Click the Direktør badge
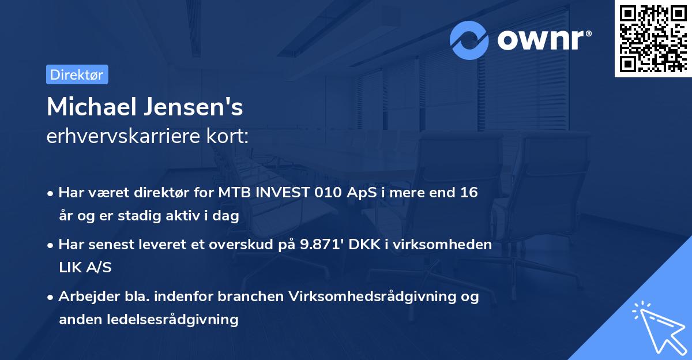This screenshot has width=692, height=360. (77, 74)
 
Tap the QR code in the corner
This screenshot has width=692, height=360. (652, 39)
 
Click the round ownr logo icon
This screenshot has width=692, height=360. (469, 40)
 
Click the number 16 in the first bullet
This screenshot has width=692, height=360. (468, 193)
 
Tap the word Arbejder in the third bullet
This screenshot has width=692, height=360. (85, 297)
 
